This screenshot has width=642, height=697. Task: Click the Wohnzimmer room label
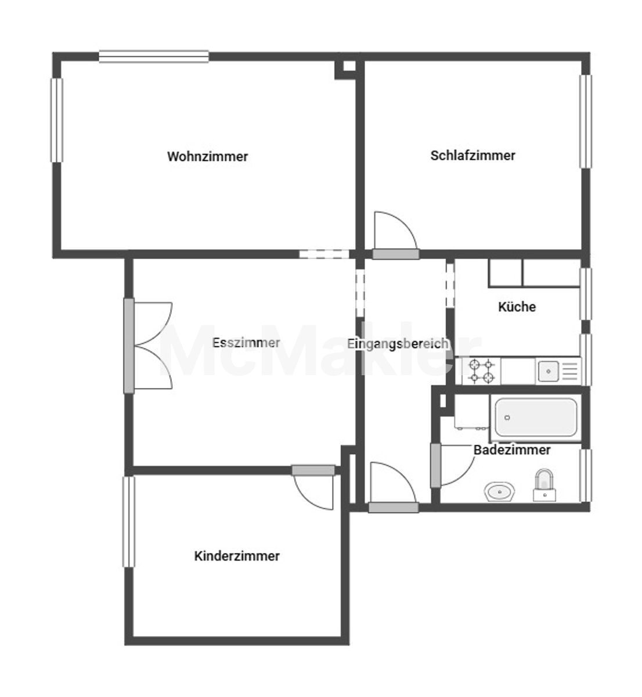tap(207, 157)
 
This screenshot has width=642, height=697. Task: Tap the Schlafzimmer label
tap(473, 156)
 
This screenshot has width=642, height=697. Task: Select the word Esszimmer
tap(246, 343)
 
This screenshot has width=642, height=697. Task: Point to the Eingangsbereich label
tap(398, 344)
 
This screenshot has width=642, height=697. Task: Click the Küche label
tap(517, 307)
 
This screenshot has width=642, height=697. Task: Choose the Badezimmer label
tap(512, 450)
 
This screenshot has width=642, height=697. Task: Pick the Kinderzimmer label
tap(237, 556)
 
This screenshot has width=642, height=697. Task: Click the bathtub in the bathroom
tap(536, 418)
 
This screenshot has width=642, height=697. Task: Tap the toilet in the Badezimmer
tap(544, 485)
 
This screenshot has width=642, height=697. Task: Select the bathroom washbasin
tap(499, 491)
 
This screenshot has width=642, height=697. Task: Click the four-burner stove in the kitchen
tap(482, 371)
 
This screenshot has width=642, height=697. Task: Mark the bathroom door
tap(452, 465)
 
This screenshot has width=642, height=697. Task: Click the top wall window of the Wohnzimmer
tap(154, 57)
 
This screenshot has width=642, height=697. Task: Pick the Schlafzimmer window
tap(586, 121)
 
